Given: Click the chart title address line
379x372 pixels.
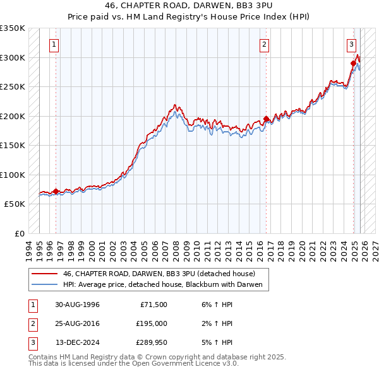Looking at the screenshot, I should tap(189, 8).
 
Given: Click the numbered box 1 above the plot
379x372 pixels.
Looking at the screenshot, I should tap(55, 45).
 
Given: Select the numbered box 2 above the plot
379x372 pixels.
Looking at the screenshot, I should tap(264, 45).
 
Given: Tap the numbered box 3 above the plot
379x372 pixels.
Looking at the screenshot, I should tap(351, 45).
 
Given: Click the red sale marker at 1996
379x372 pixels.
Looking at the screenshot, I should tap(56, 191).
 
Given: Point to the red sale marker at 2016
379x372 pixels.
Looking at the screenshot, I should tap(266, 119).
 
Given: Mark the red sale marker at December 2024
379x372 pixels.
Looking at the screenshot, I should tap(354, 63).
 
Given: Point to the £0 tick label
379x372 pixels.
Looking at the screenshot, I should tap(19, 233).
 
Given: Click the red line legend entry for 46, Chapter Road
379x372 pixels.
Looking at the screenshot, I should tap(159, 274).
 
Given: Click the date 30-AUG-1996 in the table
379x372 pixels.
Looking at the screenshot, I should tap(78, 305).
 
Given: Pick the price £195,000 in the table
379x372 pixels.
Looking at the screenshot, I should tap(152, 323).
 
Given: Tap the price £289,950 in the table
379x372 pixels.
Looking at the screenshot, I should tap(152, 342).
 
